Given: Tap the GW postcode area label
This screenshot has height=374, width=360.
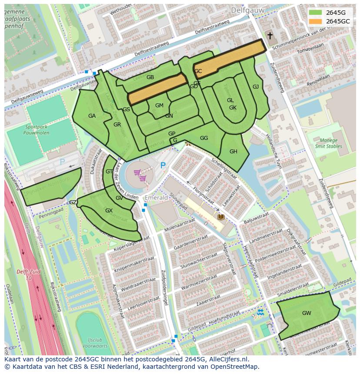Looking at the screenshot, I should click(x=307, y=313).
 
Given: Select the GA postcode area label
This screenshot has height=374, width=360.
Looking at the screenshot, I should click(x=92, y=116).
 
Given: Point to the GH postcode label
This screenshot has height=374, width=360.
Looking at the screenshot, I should click(x=233, y=152).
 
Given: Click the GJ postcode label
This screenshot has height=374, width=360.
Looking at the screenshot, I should click(x=256, y=87).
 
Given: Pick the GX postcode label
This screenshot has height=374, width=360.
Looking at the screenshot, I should click(x=109, y=211).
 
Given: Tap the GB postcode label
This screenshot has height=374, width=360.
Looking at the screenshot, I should click(x=150, y=77).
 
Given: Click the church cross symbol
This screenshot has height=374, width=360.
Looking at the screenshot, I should click(x=270, y=36).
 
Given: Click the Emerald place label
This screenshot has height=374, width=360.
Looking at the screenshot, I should click(x=156, y=198).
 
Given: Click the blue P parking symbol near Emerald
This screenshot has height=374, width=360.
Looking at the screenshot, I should click(x=163, y=165).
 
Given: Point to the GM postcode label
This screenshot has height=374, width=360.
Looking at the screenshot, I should click(x=159, y=106).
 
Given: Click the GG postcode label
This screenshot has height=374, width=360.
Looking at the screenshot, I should click(x=203, y=138).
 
